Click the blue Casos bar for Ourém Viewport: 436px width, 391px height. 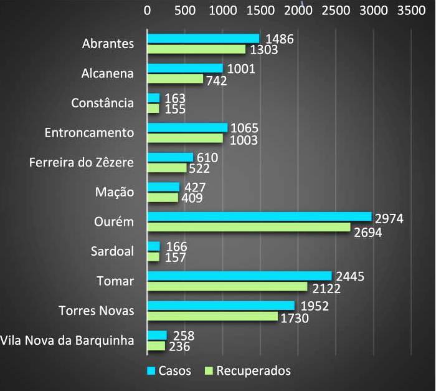259,216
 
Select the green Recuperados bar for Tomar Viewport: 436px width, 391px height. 227,286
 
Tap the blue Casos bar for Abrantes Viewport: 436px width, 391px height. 203,39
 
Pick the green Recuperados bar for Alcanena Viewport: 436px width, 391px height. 175,79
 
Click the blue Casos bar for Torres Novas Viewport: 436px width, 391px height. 220,305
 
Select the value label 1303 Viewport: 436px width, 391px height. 264,49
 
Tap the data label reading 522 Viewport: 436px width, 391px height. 199,168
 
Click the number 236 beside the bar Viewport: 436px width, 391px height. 179,346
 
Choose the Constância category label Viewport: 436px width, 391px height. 102,103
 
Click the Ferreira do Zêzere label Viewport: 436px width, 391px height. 82,163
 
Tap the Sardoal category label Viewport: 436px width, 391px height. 112,251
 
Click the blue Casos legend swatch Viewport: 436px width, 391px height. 150,371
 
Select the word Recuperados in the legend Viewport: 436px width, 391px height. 254,371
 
